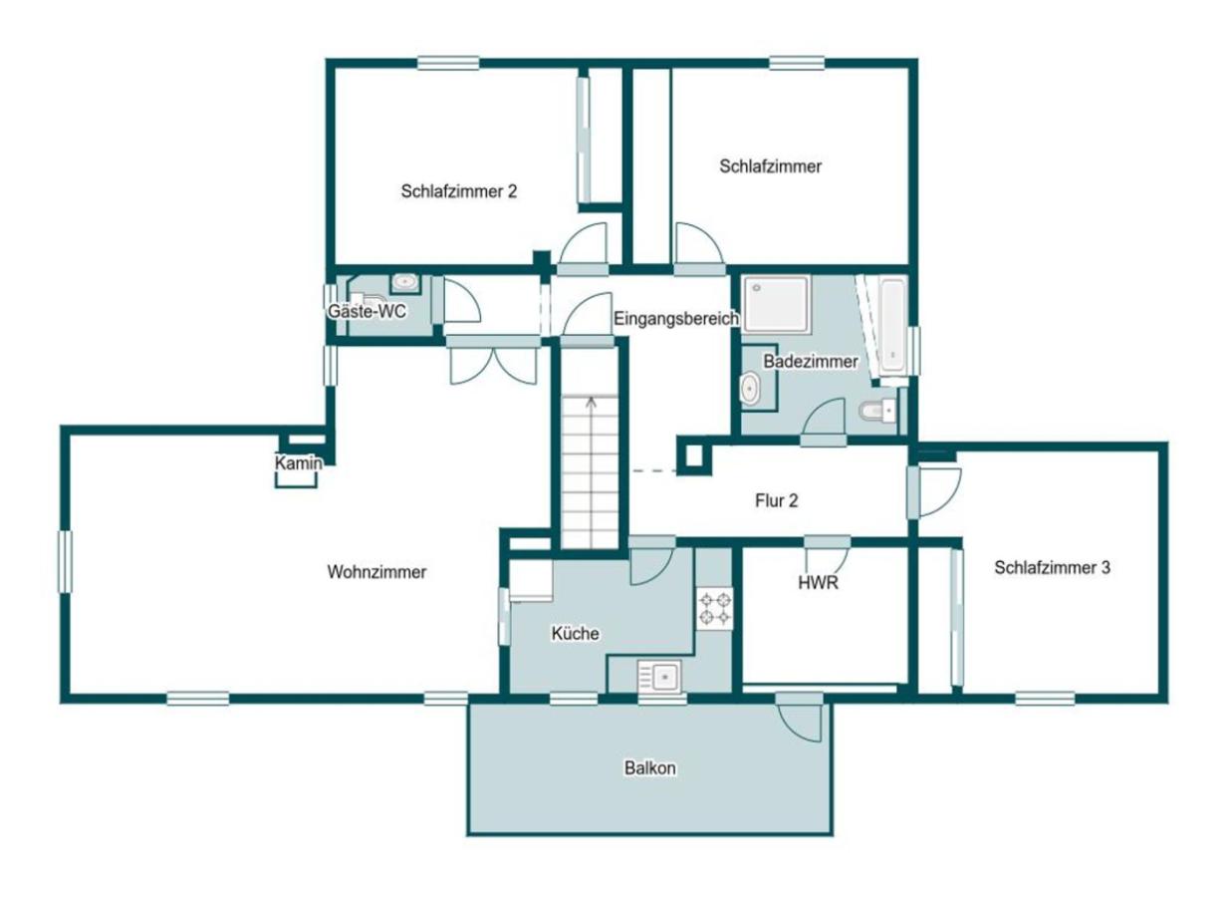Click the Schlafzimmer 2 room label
point(458,190)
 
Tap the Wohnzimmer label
point(376,572)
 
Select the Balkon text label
point(650,768)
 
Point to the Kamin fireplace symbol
point(297,464)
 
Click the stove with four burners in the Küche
point(714,609)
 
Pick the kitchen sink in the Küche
point(658,678)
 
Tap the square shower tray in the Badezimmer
point(777,304)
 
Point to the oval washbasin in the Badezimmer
point(749,390)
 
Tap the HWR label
point(818,583)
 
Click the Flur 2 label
point(776,501)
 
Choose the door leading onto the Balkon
point(801,718)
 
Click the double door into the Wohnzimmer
point(493,363)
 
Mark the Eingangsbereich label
point(675,319)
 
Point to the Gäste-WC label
point(367,311)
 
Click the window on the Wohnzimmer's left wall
point(66,561)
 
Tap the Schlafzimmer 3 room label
point(1052,567)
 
